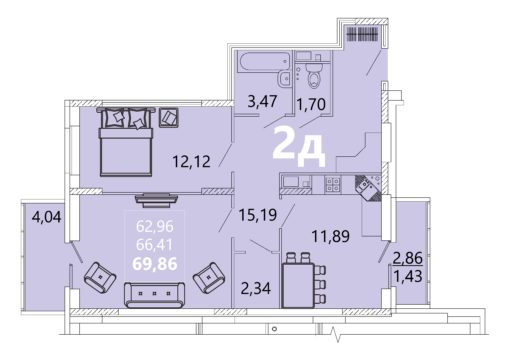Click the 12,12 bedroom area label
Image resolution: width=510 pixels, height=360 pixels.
(x=191, y=161)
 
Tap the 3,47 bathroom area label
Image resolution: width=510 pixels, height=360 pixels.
(x=262, y=101)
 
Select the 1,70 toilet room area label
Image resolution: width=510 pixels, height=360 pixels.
(x=311, y=104)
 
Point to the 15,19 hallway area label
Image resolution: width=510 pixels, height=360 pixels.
(x=258, y=215)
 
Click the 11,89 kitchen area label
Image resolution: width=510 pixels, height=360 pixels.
(x=331, y=236)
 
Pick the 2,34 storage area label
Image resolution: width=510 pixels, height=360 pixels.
(x=256, y=288)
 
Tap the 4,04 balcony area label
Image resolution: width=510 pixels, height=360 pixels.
(x=47, y=217)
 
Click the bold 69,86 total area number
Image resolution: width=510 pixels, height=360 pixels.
(x=155, y=264)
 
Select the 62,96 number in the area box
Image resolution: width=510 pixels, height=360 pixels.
(x=155, y=227)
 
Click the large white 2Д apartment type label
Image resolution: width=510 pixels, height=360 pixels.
(x=299, y=147)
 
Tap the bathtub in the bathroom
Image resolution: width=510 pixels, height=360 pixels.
(x=264, y=61)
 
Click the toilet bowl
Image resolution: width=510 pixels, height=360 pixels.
(x=313, y=76)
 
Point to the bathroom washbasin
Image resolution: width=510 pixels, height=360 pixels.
(x=284, y=79)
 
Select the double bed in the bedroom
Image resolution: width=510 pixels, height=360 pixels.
(x=126, y=142)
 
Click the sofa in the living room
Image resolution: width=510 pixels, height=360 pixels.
(x=154, y=295)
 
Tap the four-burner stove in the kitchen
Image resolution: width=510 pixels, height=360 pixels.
(x=333, y=184)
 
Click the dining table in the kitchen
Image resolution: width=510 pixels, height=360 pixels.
(x=297, y=286)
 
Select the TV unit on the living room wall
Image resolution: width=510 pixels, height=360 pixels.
(x=156, y=198)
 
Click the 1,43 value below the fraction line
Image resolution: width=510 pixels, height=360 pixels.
(x=408, y=276)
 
